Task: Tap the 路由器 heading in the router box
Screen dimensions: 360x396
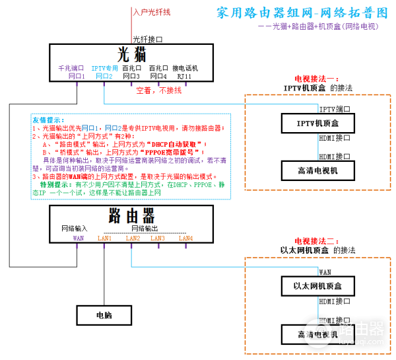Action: pos(131,215)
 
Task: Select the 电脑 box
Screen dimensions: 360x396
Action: pos(103,315)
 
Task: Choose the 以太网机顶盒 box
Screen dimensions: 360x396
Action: pos(318,286)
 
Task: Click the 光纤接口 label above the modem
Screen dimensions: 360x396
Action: pos(147,39)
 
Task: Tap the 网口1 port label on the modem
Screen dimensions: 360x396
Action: pos(77,77)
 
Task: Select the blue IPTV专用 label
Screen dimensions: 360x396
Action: pos(104,68)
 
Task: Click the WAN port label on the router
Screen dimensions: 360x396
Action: pos(78,238)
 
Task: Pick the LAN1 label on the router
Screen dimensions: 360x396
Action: pos(104,238)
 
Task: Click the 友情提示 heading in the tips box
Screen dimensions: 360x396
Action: pos(48,120)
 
